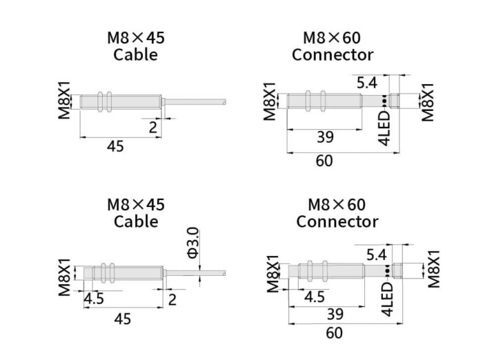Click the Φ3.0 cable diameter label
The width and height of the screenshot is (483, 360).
pos(193,243)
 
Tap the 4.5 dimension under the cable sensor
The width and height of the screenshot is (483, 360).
pos(94,299)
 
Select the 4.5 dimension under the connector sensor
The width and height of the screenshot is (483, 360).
pos(315,297)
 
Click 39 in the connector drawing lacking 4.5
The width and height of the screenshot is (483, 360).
pos(325,137)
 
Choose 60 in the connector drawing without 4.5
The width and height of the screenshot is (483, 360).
pos(324,161)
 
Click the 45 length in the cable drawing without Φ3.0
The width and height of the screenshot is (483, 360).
pos(116,146)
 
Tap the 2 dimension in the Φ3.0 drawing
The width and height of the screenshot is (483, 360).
pos(172,299)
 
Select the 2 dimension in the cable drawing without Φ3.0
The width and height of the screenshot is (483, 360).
pos(153,127)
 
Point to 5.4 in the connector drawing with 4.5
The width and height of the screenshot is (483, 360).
pos(376,255)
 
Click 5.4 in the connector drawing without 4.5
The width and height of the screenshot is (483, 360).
pos(367,83)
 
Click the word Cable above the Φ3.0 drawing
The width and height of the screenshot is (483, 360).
pos(136,222)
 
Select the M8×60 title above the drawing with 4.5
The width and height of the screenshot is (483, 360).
pos(337,205)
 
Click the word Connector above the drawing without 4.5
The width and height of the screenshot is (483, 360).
pos(332,54)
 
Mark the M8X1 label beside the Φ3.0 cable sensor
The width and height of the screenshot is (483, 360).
pos(64,277)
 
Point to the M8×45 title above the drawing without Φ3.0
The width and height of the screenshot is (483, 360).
pos(136,37)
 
